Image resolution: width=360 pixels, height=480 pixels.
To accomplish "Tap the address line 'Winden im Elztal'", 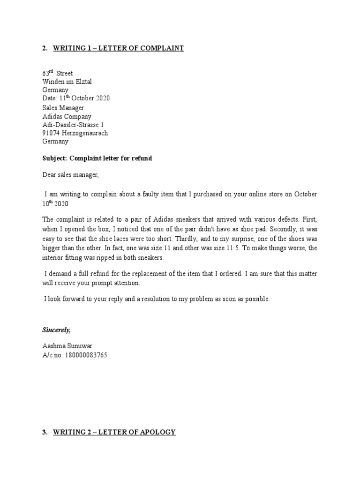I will pos(67,82).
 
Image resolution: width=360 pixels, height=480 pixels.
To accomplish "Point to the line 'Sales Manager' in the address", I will pos(63,108).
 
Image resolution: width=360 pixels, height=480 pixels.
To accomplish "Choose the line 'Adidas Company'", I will pos(67,116).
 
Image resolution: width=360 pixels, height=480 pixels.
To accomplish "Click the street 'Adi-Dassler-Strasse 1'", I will pos(73,125).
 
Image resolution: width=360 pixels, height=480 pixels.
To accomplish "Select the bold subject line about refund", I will pos(97,158).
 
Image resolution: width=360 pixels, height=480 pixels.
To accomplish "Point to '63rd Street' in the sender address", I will pos(58,74).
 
